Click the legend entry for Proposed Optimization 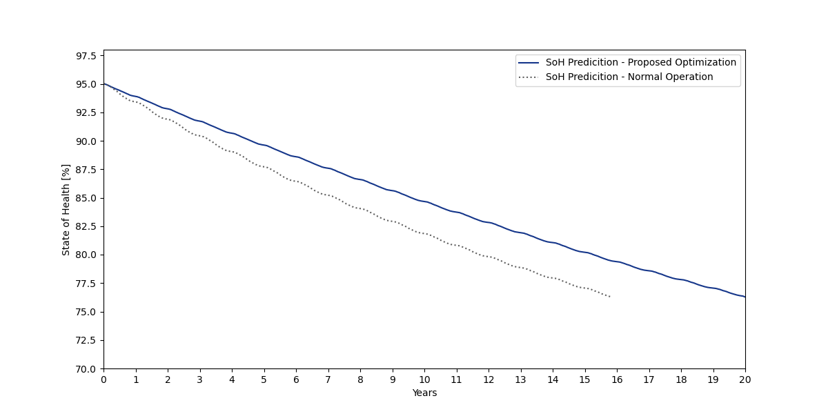coord(640,63)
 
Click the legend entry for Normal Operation coord(629,77)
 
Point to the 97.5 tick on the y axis coord(86,56)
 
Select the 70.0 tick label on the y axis coord(86,368)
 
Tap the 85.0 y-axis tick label coord(86,198)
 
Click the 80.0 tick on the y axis coord(86,255)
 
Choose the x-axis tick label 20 coord(745,379)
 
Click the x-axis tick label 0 coord(103,379)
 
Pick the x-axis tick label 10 coord(424,379)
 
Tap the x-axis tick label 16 coord(617,379)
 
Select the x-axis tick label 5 coord(264,379)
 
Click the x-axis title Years coord(424,393)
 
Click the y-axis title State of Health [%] coord(66,210)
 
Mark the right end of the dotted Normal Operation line coord(610,297)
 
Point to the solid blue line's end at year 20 coord(745,297)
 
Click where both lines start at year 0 coord(104,84)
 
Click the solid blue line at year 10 coord(424,201)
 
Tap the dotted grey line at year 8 coord(360,208)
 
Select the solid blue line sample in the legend coord(529,63)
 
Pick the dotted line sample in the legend coord(529,77)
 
